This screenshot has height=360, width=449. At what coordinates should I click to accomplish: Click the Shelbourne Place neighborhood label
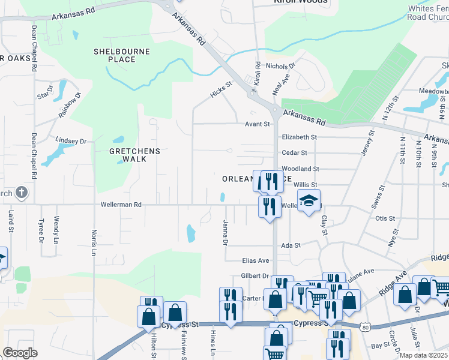[121, 55]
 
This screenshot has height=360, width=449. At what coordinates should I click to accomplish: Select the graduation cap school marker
[309, 201]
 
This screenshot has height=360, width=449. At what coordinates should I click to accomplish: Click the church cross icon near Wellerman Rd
[21, 193]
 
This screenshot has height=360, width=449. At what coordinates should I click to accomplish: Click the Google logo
[20, 353]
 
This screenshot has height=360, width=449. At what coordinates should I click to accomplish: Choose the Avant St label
[255, 124]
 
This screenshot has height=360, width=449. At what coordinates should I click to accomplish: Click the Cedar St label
[294, 153]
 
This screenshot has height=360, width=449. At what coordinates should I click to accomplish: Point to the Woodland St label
[300, 170]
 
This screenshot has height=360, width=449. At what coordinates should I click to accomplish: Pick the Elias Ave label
[255, 261]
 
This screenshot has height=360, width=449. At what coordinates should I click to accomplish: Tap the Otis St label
[385, 219]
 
